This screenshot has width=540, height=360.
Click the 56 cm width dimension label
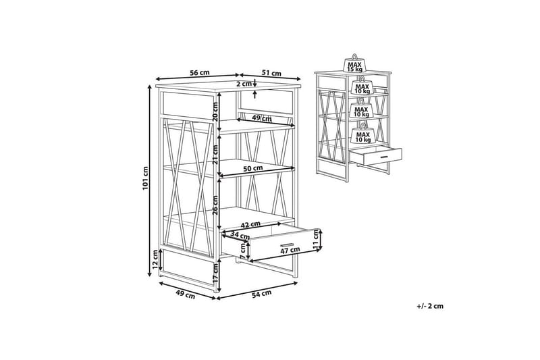tap(199, 73)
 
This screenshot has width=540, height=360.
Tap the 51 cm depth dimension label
tap(271, 73)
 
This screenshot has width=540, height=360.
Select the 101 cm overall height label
tap(145, 178)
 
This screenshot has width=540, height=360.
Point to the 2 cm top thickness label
tap(244, 84)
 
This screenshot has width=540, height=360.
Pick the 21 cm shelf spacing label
tap(215, 155)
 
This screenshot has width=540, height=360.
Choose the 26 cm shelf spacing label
tap(215, 205)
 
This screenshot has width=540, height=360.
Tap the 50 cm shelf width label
tap(252, 168)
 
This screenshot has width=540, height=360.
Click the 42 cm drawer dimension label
tap(250, 224)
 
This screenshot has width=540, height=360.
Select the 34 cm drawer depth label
tap(240, 236)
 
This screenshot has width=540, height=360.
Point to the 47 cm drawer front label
tap(290, 250)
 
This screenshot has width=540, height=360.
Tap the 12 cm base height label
tap(155, 259)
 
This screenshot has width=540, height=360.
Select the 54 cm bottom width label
tap(261, 294)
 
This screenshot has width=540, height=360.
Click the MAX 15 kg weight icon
tap(354, 63)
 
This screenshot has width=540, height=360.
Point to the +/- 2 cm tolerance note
tap(430, 306)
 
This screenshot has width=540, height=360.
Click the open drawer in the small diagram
tap(376, 155)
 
